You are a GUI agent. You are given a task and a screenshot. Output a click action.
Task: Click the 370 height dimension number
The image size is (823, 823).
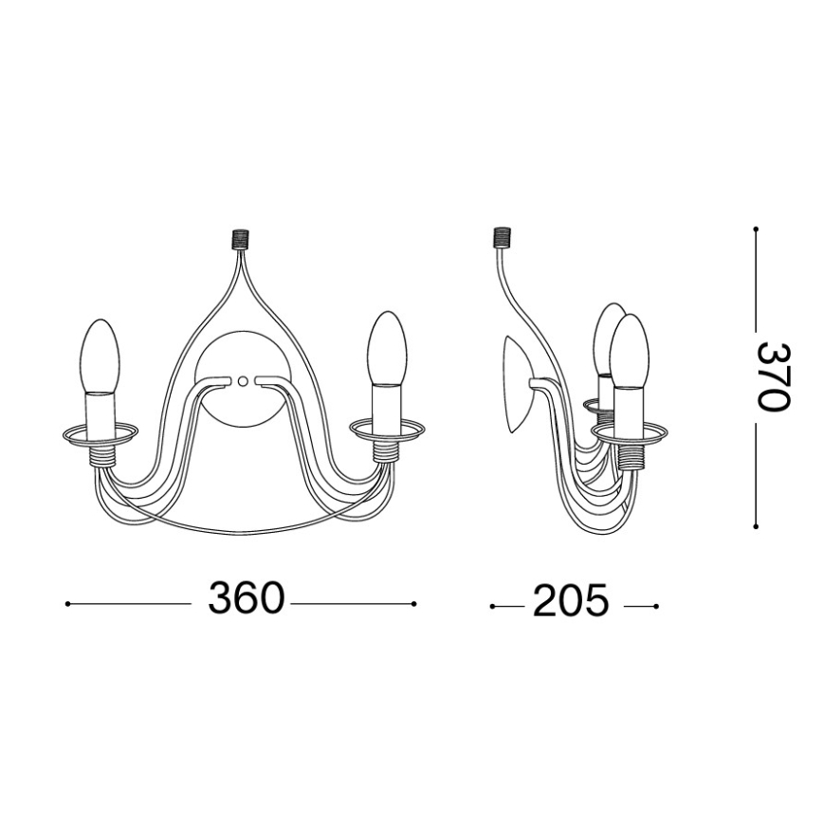[773, 375]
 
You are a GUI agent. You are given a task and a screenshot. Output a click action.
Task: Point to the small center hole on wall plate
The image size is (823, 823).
[242, 381]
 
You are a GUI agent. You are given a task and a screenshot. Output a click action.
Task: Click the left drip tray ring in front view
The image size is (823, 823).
[100, 433]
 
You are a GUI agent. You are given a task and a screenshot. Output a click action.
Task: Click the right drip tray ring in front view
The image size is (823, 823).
[386, 430]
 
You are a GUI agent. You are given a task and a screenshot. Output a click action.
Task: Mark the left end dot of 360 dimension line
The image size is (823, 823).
[66, 603]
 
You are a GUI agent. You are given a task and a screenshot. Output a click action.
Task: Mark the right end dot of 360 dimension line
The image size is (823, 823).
[414, 603]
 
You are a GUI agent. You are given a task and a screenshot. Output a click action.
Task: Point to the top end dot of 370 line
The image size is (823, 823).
[756, 229]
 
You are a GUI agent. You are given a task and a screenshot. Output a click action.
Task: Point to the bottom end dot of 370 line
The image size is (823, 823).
[756, 525]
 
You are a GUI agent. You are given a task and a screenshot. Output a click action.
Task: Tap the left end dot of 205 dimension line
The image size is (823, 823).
[491, 606]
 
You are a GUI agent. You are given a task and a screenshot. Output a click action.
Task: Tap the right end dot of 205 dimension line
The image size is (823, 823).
[655, 606]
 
